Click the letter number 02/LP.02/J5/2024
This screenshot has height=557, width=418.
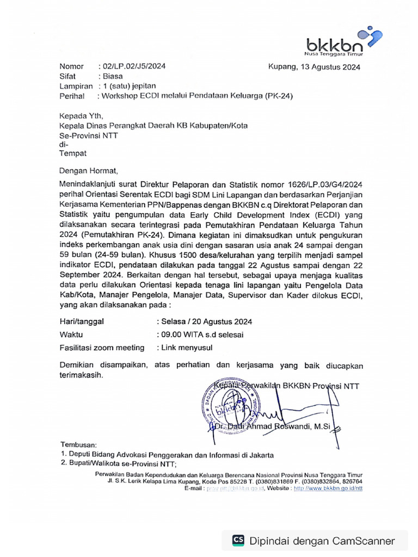coord(131,66)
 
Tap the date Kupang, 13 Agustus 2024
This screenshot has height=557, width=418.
coord(314,67)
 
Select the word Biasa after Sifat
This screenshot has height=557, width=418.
coord(113,76)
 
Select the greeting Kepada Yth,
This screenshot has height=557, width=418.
coord(80,115)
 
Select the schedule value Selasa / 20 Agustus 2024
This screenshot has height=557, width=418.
coord(204,321)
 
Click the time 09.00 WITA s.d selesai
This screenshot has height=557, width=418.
coord(200,335)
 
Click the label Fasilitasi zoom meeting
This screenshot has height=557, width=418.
coord(102,348)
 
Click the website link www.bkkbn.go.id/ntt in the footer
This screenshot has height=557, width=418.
coord(328,488)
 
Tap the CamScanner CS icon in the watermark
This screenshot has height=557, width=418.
coord(238,540)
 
